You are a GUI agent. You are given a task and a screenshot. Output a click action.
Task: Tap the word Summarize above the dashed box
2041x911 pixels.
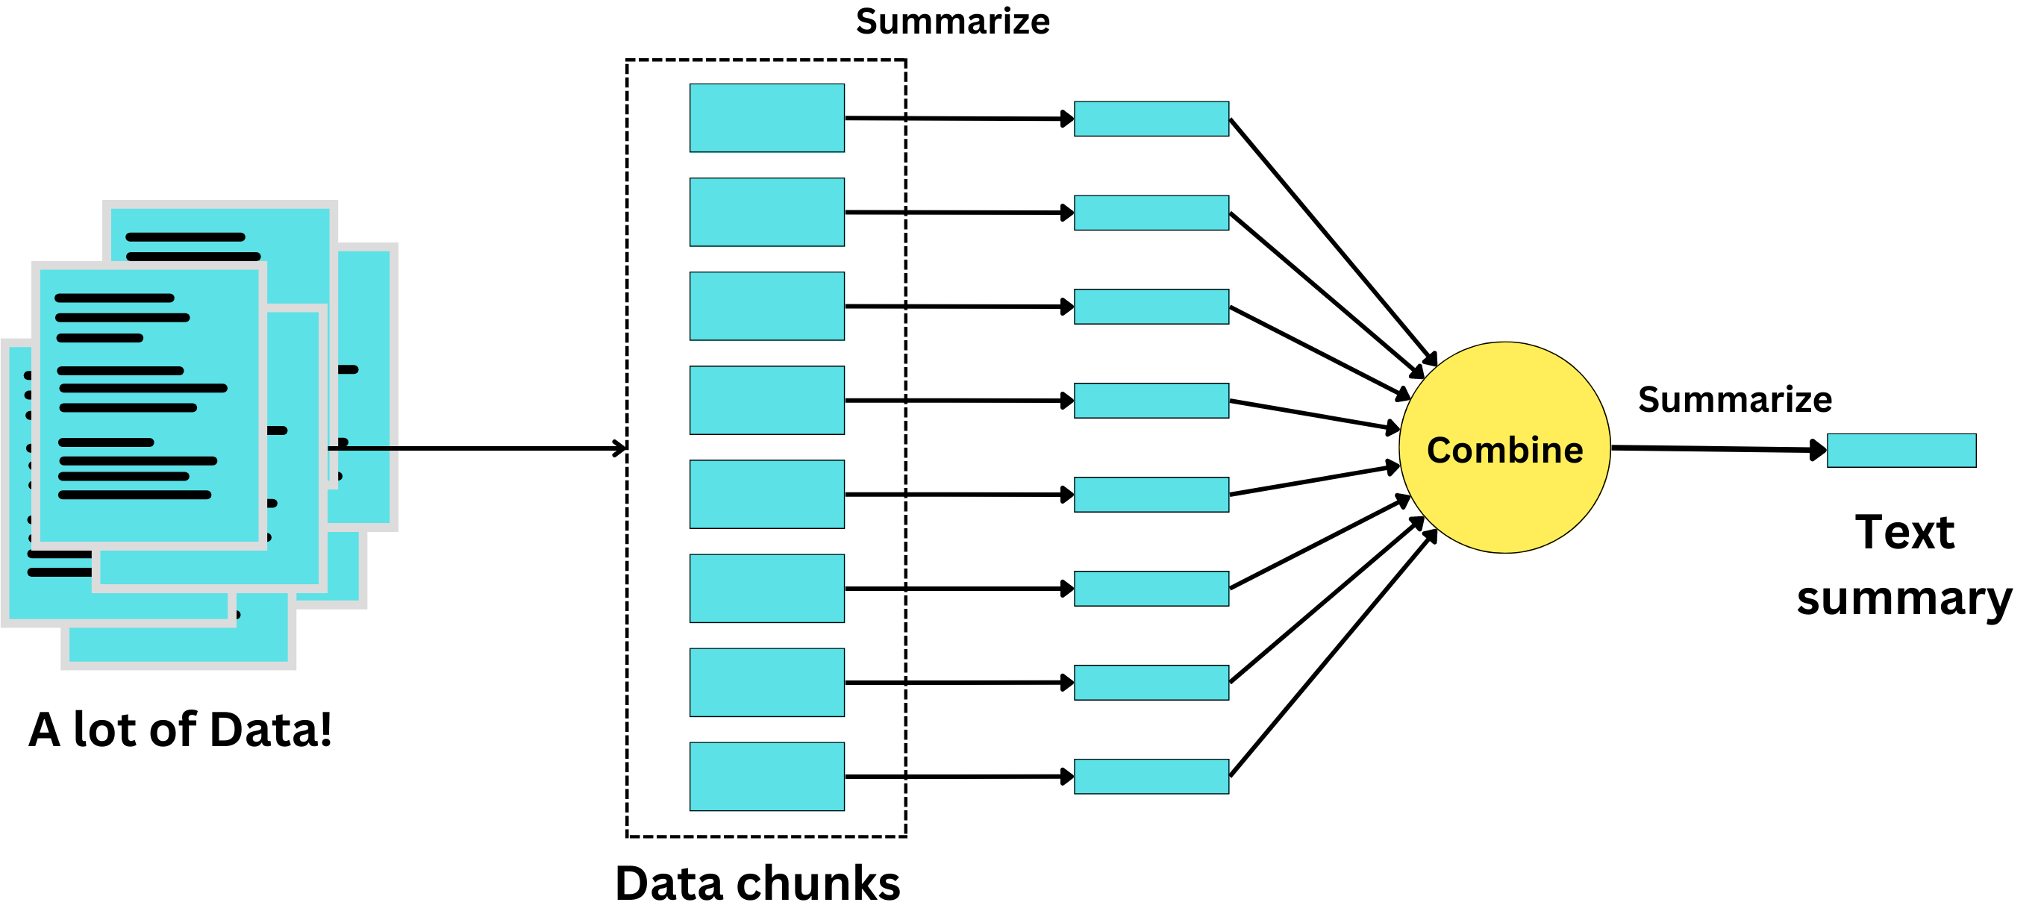pyautogui.click(x=952, y=22)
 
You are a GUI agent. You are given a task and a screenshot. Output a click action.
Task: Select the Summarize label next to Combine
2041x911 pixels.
pyautogui.click(x=1734, y=399)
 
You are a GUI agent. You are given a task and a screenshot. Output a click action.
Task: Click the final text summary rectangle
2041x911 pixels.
pyautogui.click(x=1901, y=450)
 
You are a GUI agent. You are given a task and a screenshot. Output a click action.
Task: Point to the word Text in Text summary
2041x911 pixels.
pyautogui.click(x=1904, y=531)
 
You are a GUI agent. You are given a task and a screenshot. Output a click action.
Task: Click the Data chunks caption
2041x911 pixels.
pyautogui.click(x=757, y=883)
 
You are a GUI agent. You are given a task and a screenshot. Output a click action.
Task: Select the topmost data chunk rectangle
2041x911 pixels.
pyautogui.click(x=766, y=118)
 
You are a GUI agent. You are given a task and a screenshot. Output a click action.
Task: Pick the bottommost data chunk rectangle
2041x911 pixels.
pyautogui.click(x=766, y=777)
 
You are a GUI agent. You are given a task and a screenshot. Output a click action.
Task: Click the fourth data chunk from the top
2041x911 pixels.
pyautogui.click(x=766, y=400)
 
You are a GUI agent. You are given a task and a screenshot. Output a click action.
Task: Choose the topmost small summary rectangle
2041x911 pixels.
pyautogui.click(x=1151, y=119)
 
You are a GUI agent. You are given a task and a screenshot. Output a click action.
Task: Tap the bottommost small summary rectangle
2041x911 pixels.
pyautogui.click(x=1151, y=777)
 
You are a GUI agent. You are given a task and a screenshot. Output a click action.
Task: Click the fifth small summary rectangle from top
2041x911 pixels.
pyautogui.click(x=1151, y=495)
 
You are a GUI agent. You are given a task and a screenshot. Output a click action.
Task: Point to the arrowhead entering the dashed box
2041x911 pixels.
pyautogui.click(x=619, y=448)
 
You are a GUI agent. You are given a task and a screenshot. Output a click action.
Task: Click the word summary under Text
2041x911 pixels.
pyautogui.click(x=1904, y=598)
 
